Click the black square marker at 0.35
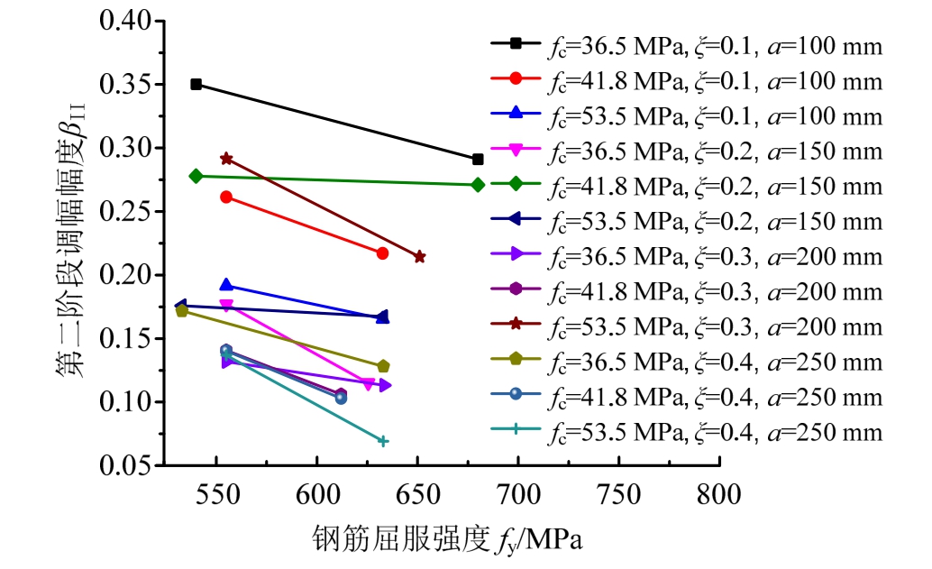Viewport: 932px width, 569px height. [x=196, y=85]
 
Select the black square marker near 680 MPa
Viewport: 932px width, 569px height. [x=478, y=160]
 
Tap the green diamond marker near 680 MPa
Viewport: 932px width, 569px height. [x=478, y=185]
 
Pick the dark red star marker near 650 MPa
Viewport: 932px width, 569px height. [x=419, y=257]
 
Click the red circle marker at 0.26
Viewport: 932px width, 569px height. [x=226, y=197]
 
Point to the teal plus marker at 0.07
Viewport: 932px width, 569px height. [x=383, y=441]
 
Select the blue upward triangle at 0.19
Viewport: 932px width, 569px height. [x=226, y=285]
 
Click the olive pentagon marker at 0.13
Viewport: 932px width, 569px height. [x=383, y=366]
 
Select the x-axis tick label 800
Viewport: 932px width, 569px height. [x=719, y=495]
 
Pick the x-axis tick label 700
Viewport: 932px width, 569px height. [x=517, y=495]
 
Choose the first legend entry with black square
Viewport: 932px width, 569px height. [x=685, y=44]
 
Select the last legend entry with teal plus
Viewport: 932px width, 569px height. [x=685, y=432]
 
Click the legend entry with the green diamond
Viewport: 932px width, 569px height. [x=685, y=185]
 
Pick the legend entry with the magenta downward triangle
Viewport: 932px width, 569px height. [x=685, y=150]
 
